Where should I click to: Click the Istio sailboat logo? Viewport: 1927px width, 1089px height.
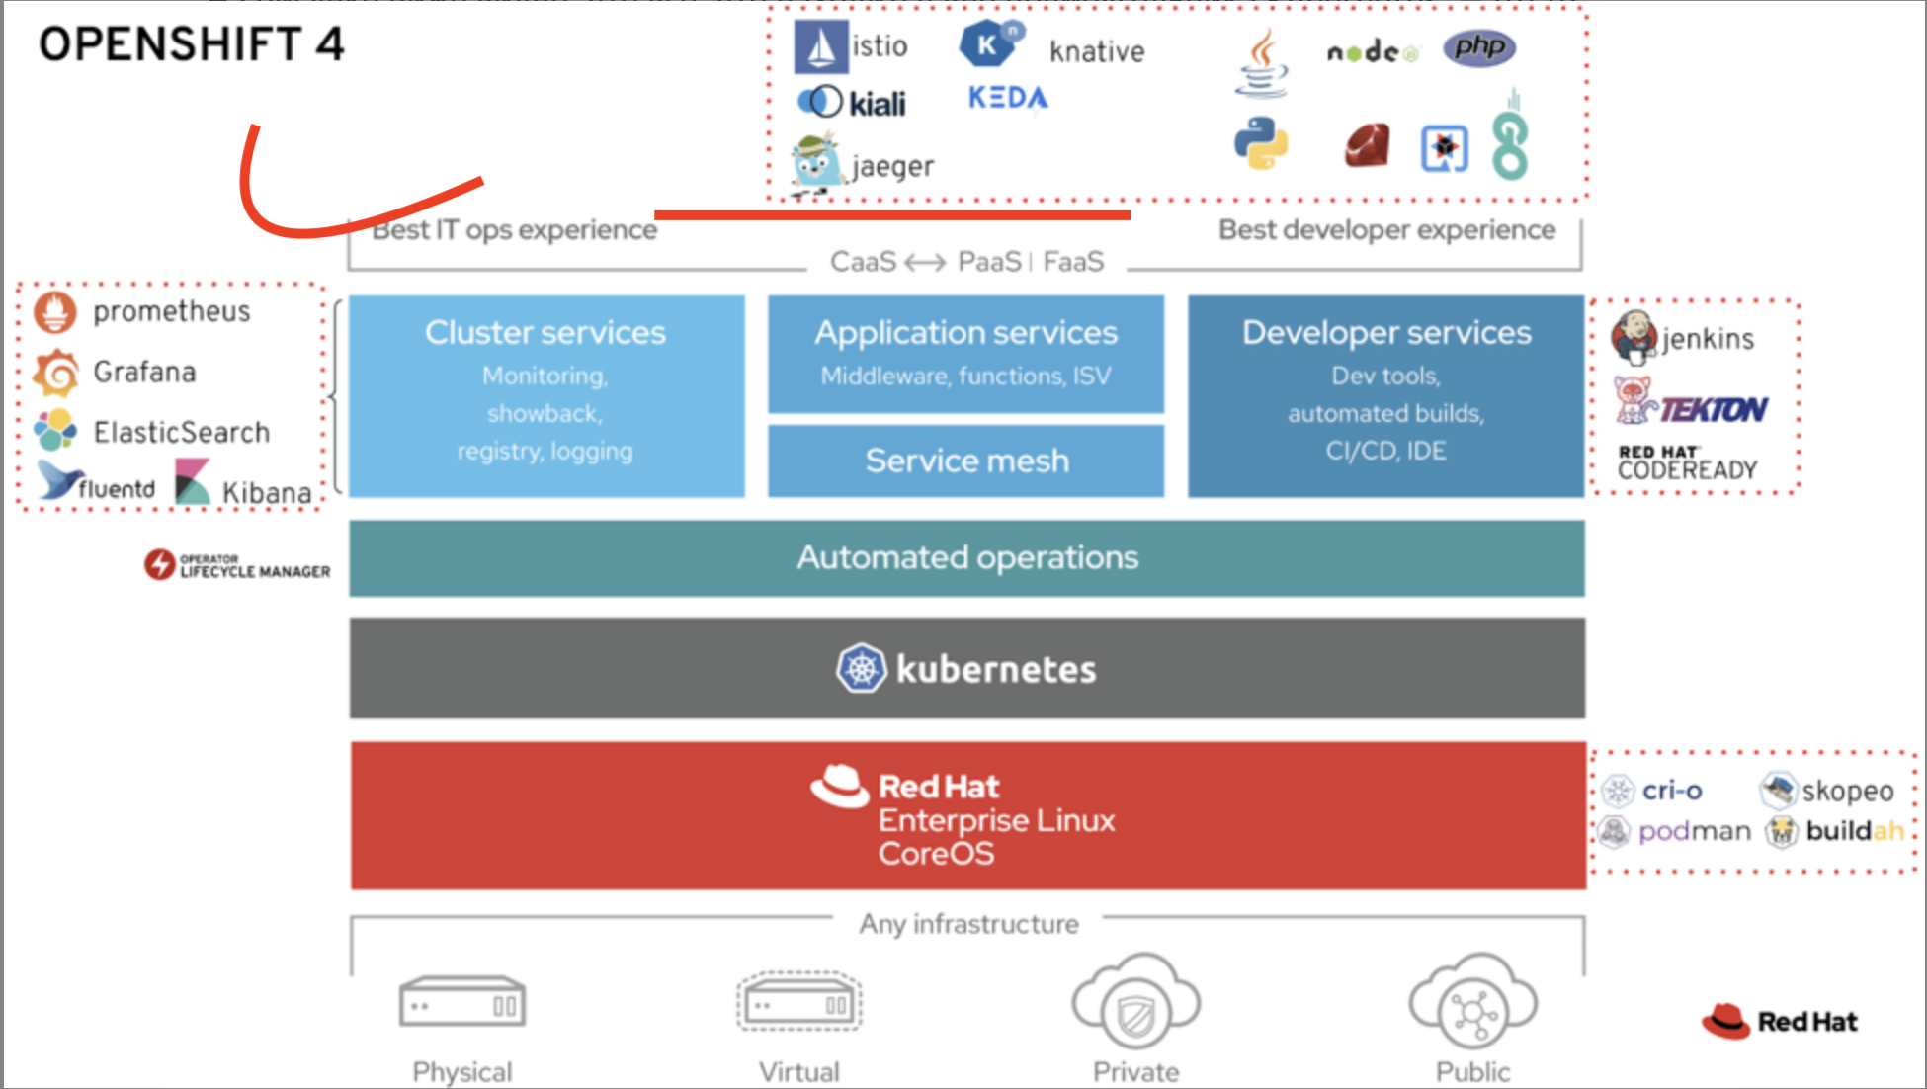(x=820, y=46)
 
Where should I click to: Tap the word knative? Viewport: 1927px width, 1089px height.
(x=1097, y=51)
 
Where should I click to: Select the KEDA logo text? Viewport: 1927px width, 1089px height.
(x=1008, y=98)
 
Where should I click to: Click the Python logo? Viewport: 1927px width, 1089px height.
(x=1261, y=143)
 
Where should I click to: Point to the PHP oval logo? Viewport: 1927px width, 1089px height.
(x=1479, y=47)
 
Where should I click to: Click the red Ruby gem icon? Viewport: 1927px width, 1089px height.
(x=1368, y=145)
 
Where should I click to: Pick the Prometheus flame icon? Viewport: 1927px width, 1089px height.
(x=55, y=312)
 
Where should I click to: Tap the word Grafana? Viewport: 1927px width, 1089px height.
(x=145, y=372)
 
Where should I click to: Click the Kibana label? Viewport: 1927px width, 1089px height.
(x=267, y=492)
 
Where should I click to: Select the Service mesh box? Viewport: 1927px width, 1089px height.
(x=966, y=461)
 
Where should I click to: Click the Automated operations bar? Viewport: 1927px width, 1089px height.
(x=966, y=558)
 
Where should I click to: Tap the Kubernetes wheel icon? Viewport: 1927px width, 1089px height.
(x=862, y=669)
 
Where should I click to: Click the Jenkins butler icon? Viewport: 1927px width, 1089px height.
(x=1634, y=337)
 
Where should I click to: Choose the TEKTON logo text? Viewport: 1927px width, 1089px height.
(x=1714, y=409)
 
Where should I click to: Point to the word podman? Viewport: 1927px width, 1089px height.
(x=1695, y=832)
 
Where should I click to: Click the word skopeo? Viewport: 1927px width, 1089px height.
(x=1848, y=791)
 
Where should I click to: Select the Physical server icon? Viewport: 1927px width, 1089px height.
(x=462, y=1004)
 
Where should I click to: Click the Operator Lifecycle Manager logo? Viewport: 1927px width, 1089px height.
(x=237, y=565)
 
